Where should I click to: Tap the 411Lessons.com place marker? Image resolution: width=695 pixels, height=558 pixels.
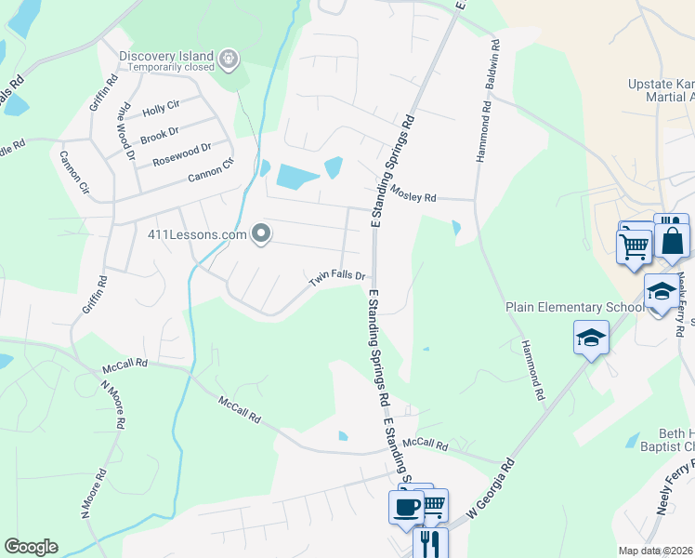click(x=262, y=234)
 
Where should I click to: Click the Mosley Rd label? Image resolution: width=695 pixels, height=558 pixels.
click(x=413, y=195)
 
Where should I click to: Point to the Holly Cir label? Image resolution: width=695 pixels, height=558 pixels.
click(x=161, y=110)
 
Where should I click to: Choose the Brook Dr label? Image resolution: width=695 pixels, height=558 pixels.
click(x=159, y=135)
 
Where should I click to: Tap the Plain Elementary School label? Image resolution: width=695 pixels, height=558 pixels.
click(x=573, y=307)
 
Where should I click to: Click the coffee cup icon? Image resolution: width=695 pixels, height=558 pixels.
click(x=406, y=508)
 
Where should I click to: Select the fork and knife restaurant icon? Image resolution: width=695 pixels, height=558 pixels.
click(x=429, y=542)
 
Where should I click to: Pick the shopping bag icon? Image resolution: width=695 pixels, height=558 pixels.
click(x=672, y=241)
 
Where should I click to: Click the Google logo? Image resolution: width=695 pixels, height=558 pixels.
click(x=31, y=547)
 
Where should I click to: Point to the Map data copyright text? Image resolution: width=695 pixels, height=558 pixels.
click(x=655, y=551)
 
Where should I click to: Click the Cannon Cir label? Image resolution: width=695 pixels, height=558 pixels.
click(x=73, y=173)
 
